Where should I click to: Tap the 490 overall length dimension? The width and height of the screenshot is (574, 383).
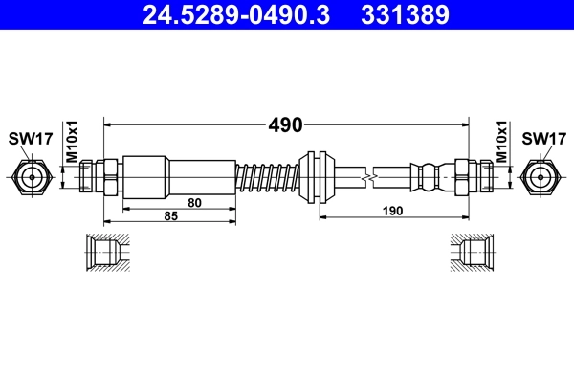coord(285,124)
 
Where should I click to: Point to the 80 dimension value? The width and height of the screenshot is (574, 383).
coord(194,202)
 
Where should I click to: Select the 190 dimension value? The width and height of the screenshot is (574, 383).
coord(392,210)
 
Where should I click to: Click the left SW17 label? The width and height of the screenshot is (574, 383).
coord(30,139)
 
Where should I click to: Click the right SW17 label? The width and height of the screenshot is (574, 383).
coord(543,139)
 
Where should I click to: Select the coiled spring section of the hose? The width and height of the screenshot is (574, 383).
coord(269,177)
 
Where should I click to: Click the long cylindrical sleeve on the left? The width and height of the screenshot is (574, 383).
coord(179,176)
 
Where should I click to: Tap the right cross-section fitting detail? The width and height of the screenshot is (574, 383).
coord(472,253)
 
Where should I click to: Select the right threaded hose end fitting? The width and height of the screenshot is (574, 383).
coord(473,176)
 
